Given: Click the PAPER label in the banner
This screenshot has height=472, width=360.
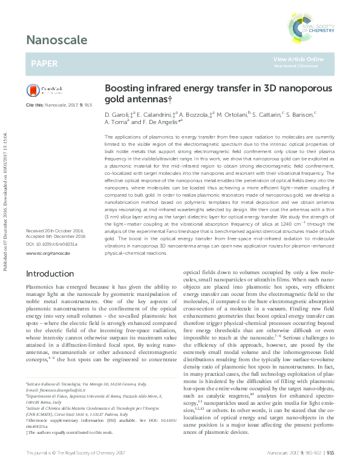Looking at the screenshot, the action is pos(44,62).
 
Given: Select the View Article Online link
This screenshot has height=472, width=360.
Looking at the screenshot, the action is pos(298,59).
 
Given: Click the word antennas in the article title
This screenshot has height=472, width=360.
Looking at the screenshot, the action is pos(142,98).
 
